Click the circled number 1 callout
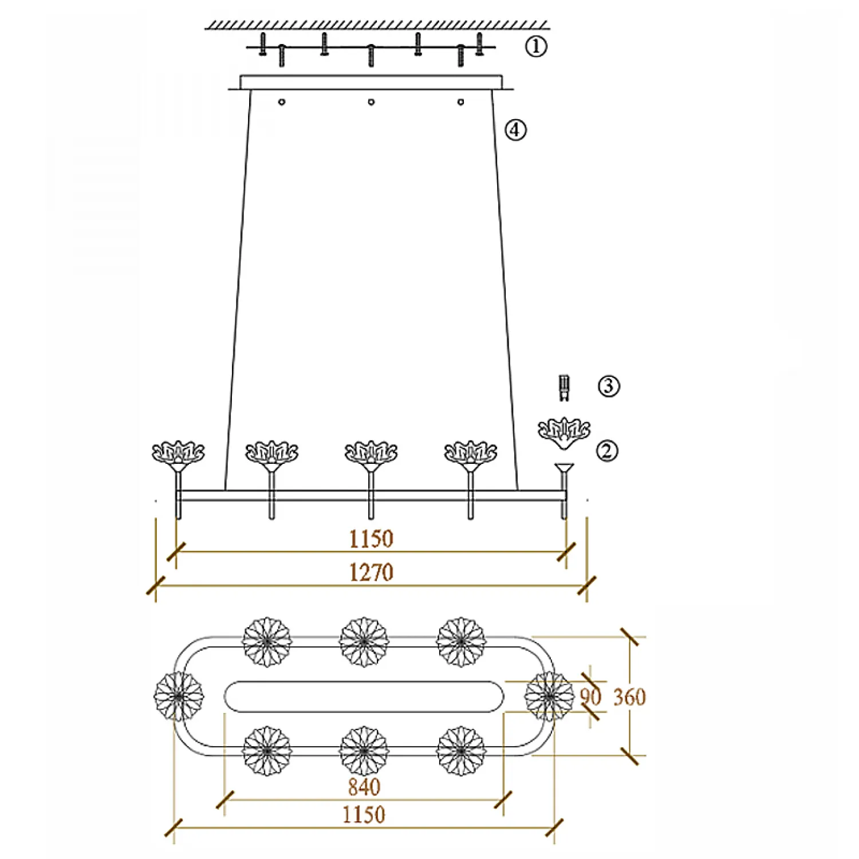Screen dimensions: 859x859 coord(536,46)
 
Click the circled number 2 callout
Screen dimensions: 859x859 coord(608,451)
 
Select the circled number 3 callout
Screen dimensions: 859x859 coord(609,386)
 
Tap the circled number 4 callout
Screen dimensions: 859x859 coord(515,130)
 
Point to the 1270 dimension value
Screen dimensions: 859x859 coord(371,572)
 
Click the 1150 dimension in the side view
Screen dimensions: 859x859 coord(371,539)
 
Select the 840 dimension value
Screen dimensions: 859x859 coord(364,787)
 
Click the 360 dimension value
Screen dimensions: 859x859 coord(629,697)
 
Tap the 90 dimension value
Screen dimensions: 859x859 coord(590,697)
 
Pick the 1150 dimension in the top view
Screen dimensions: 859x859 coord(364,814)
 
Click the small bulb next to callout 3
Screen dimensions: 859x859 coord(565,388)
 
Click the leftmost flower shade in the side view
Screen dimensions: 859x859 coord(178,452)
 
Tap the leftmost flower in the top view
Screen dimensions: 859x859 coord(179,696)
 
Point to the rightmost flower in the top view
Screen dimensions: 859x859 coord(549,696)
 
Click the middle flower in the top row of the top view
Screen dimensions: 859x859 coord(364,641)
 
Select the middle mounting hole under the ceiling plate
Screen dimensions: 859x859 coord(371,102)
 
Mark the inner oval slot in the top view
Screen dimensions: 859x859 coord(364,696)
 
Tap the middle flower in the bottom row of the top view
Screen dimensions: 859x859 coord(364,750)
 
